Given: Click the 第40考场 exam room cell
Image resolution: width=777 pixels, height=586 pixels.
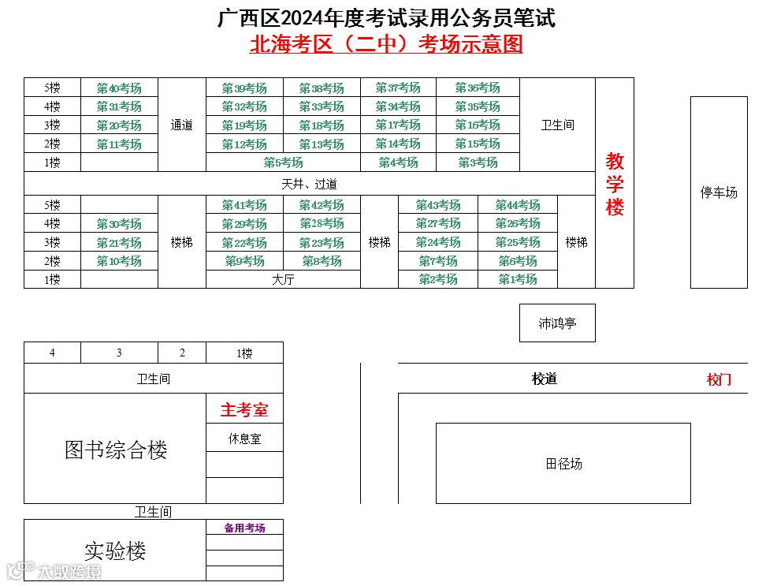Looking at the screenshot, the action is (119, 88).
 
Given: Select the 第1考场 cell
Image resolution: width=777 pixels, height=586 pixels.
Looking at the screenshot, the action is (517, 279).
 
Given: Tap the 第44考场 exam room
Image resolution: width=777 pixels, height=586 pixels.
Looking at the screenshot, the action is (517, 205).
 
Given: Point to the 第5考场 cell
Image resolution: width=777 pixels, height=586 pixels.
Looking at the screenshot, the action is (283, 162).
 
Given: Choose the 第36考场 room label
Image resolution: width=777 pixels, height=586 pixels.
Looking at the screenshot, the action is (478, 88).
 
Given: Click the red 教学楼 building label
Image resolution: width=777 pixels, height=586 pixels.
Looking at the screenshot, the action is (615, 185).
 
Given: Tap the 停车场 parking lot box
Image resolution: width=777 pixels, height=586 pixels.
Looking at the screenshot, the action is (719, 192).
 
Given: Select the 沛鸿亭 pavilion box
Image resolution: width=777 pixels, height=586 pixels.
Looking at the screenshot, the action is (557, 323).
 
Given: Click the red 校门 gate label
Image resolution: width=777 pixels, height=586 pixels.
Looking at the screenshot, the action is (719, 379).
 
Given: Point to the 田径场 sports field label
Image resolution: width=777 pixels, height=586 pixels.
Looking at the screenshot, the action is (563, 464).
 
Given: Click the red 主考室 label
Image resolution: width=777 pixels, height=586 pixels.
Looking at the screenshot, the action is (244, 410).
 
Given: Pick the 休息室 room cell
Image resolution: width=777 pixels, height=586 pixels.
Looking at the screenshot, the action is (244, 439).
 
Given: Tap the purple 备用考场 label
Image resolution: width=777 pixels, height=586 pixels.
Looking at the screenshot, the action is (244, 528).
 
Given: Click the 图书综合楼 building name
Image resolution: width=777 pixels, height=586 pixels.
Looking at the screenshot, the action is (116, 450).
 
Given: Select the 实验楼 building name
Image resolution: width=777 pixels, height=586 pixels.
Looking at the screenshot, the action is (115, 551).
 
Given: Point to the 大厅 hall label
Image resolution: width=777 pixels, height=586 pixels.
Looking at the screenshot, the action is (283, 279).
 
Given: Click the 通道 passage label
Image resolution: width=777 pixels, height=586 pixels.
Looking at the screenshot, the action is (182, 125).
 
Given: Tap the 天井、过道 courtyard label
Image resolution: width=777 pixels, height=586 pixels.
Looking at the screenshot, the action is (309, 184).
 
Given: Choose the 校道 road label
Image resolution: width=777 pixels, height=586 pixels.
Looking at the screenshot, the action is (544, 379).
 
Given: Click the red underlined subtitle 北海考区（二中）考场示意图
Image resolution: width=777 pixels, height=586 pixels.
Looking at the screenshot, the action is (386, 44).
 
